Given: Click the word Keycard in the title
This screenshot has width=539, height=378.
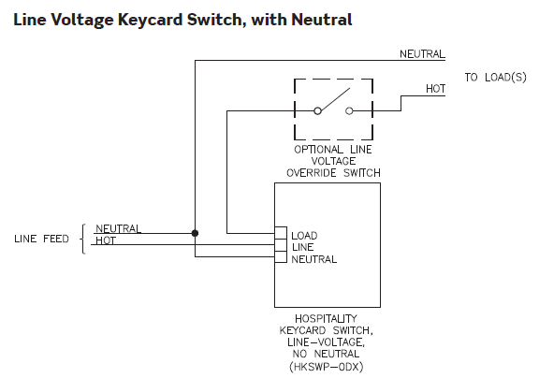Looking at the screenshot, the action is click(x=150, y=20).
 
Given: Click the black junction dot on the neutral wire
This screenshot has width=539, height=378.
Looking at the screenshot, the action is click(x=195, y=233).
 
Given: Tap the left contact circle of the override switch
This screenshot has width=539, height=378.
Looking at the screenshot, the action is click(x=317, y=111).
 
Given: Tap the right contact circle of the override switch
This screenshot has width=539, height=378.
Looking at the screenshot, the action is click(x=349, y=111).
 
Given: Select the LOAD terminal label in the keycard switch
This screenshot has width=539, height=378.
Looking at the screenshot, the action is click(x=304, y=236).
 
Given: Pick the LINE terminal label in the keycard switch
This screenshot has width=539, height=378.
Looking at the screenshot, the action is click(x=302, y=247).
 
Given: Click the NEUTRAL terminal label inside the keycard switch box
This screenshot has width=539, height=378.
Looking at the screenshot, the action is click(x=314, y=259).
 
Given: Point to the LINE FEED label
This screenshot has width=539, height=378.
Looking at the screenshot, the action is click(x=41, y=239).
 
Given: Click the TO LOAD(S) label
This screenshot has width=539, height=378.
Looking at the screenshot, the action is click(x=495, y=78).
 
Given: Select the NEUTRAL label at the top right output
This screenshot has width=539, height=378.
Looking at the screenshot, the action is click(x=422, y=54).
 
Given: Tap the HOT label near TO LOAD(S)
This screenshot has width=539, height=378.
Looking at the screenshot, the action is click(x=435, y=89).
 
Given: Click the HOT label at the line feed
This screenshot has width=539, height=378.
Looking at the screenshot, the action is click(x=106, y=240).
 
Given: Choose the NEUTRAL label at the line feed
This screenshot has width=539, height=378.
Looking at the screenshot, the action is click(x=118, y=228).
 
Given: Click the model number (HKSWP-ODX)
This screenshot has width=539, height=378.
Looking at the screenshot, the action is click(x=327, y=367).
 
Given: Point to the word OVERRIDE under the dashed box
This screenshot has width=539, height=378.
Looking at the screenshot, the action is click(x=312, y=173).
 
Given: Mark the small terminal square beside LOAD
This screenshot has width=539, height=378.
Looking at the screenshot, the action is click(x=281, y=233).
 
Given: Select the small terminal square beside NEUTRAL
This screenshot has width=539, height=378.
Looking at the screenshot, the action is click(x=281, y=257).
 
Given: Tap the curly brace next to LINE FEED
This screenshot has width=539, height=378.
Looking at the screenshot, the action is click(x=82, y=239).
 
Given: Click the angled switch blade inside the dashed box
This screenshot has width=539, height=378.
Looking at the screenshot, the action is click(x=334, y=100).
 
